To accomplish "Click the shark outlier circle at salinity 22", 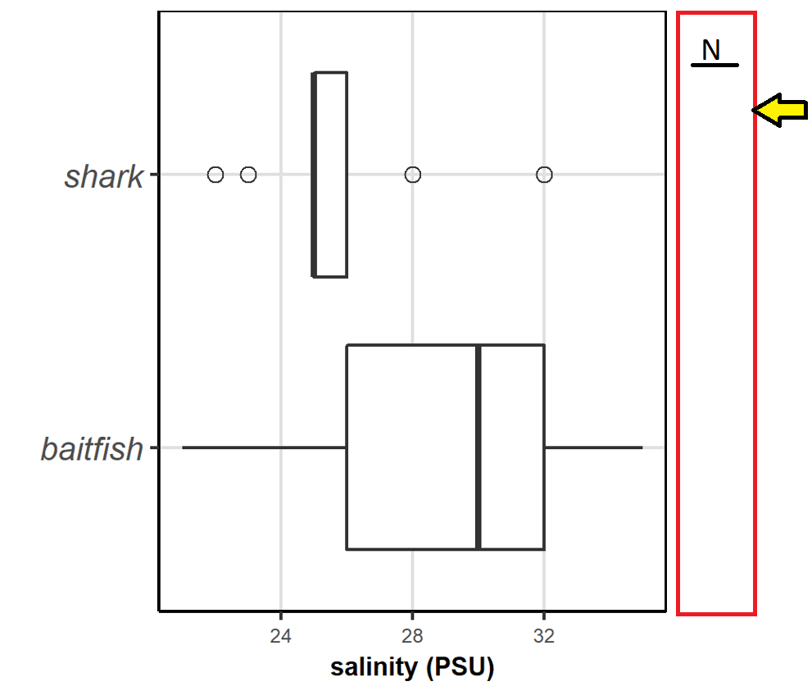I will tap(215, 175).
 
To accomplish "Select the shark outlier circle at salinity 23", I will tap(248, 175).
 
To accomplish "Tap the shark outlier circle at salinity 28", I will tap(413, 175).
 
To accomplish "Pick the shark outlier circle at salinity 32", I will tap(544, 175).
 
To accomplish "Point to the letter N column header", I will tap(711, 51).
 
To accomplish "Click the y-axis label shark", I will tap(104, 176).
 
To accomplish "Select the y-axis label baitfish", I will tap(92, 449).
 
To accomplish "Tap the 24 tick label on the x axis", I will tap(281, 637).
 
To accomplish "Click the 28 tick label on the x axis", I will tap(412, 637).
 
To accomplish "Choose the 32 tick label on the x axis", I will tap(544, 637).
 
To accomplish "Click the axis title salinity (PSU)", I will tap(412, 668).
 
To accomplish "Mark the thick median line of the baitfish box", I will tap(479, 447).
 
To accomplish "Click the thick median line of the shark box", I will tap(314, 175).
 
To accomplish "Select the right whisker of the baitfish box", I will tap(593, 447).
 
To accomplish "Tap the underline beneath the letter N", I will tap(714, 65).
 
